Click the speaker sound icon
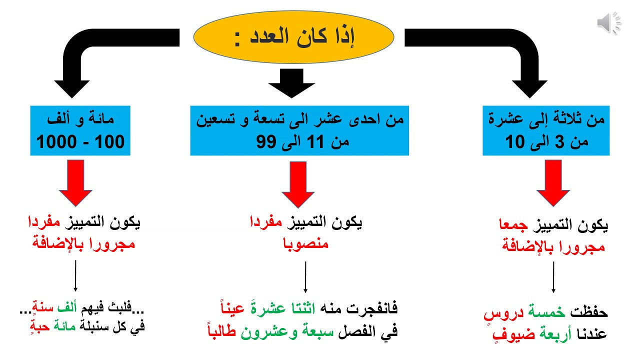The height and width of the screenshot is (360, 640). pyautogui.click(x=608, y=23)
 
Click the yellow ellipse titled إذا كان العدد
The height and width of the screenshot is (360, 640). pyautogui.click(x=293, y=37)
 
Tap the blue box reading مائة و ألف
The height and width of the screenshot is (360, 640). pyautogui.click(x=80, y=130)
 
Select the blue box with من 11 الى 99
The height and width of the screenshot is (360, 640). pyautogui.click(x=299, y=130)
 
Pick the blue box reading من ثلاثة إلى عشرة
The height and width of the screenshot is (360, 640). pyautogui.click(x=546, y=130)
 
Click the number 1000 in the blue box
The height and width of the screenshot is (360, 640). pyautogui.click(x=56, y=141)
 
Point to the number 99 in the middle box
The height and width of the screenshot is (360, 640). pyautogui.click(x=266, y=141)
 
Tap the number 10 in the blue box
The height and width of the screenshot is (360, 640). pyautogui.click(x=515, y=141)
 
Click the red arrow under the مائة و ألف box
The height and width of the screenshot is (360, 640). pyautogui.click(x=75, y=183)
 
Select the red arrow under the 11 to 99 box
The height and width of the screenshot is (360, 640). pyautogui.click(x=298, y=184)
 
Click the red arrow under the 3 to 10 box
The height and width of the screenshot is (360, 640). pyautogui.click(x=553, y=183)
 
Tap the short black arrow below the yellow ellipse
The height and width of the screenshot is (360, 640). pyautogui.click(x=291, y=83)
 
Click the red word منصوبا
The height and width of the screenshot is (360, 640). pyautogui.click(x=305, y=244)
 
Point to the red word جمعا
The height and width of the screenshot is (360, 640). pyautogui.click(x=513, y=225)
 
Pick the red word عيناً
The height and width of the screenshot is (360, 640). pyautogui.click(x=232, y=307)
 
